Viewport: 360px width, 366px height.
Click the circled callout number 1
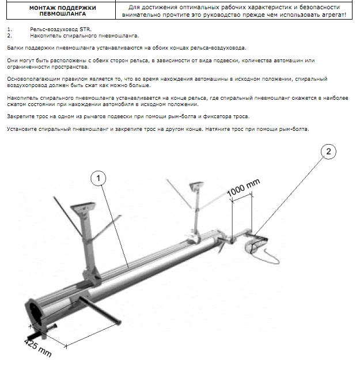[x=98, y=178]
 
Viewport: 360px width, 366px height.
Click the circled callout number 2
[x=328, y=152]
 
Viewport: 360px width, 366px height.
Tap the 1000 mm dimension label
[x=243, y=187]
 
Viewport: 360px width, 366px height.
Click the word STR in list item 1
[x=85, y=29]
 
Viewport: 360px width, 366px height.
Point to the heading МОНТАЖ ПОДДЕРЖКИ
[x=63, y=8]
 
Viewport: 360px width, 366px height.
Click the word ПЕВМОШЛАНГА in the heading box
[x=63, y=14]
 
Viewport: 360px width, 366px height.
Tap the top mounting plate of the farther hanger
[x=196, y=186]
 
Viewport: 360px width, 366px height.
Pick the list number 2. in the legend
[x=10, y=36]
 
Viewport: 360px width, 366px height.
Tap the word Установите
[x=22, y=129]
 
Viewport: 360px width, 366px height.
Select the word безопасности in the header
[x=320, y=7]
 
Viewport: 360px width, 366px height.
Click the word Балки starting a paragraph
[x=15, y=48]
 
